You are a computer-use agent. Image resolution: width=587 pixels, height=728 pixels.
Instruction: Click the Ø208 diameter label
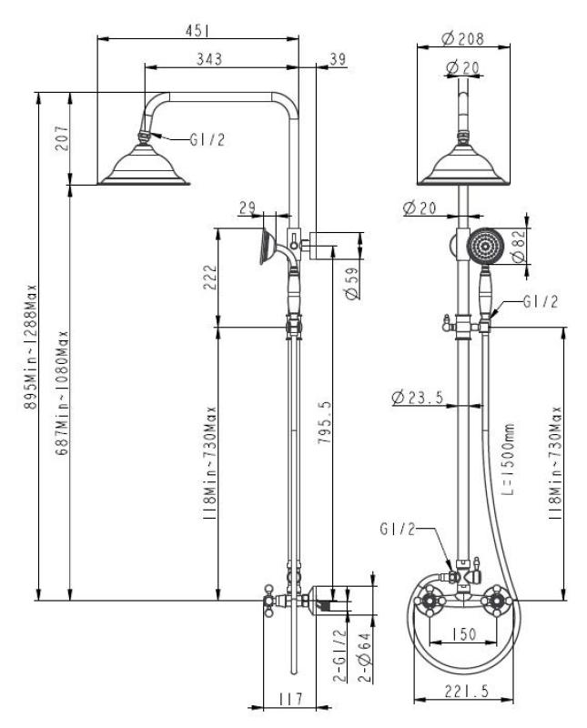(x=460, y=38)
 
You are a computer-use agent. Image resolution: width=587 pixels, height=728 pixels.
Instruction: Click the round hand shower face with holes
(x=485, y=246)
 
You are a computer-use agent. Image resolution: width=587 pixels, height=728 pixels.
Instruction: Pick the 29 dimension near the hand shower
(x=248, y=209)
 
